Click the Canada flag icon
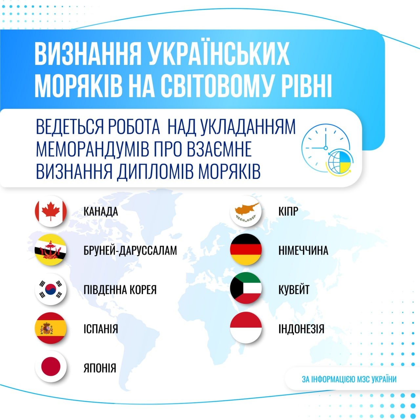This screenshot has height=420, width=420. (x=51, y=211)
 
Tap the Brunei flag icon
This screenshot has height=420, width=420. (x=51, y=250)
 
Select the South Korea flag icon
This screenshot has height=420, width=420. (x=51, y=289)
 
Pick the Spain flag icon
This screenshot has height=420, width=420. (x=51, y=328)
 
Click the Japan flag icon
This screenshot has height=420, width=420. (x=51, y=367)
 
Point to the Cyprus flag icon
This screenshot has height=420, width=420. (x=246, y=211)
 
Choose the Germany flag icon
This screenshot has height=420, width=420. (x=246, y=250)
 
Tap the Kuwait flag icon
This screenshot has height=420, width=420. (x=246, y=288)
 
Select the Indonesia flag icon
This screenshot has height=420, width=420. (x=246, y=327)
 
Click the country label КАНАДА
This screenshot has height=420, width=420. (x=101, y=212)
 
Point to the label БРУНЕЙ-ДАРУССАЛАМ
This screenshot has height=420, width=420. (x=130, y=251)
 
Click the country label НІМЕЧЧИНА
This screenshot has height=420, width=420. (x=303, y=251)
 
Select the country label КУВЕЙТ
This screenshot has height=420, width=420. (x=294, y=290)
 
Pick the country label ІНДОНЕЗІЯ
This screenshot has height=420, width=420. (x=301, y=329)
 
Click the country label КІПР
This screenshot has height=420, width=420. (x=288, y=212)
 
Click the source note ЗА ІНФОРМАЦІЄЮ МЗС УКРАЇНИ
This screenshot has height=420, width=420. (x=349, y=379)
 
